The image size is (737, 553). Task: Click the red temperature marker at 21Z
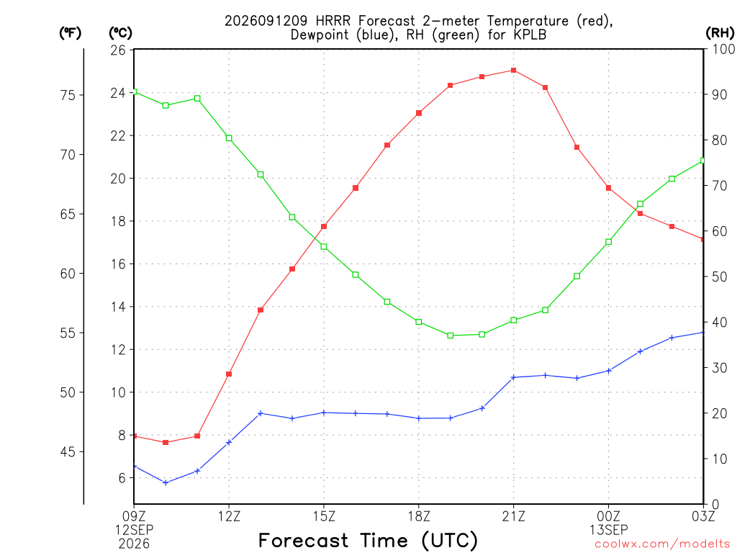[x=514, y=71]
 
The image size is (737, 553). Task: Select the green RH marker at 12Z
[x=229, y=138]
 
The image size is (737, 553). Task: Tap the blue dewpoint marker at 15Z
[x=324, y=413]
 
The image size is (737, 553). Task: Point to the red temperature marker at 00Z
[x=609, y=188]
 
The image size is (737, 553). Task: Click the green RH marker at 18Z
[x=419, y=322]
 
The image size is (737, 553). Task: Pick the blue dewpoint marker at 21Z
[x=514, y=377]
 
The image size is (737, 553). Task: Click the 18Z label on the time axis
[x=419, y=516]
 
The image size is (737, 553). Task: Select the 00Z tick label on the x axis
[x=609, y=516]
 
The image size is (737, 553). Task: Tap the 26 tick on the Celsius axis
[x=118, y=50]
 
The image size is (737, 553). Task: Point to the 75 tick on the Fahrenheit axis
[x=68, y=95]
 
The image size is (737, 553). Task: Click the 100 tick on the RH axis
[x=724, y=49]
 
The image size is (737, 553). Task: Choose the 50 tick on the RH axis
[x=720, y=277]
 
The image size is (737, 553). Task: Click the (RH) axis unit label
[x=720, y=32]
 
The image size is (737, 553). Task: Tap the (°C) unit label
[x=121, y=32]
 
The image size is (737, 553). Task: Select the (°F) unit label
[x=70, y=32]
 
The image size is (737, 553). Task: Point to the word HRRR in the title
[x=333, y=21]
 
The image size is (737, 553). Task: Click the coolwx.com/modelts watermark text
[x=662, y=544]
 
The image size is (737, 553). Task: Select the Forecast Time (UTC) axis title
[x=368, y=541]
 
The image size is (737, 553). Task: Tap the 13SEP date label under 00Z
[x=609, y=530]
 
